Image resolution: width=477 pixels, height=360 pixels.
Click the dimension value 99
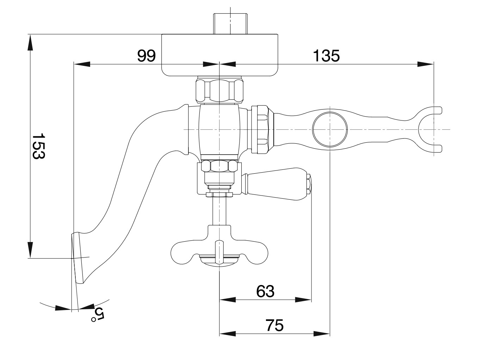[147, 56]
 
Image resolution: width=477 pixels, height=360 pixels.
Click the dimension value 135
[326, 56]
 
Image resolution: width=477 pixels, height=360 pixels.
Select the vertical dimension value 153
[39, 146]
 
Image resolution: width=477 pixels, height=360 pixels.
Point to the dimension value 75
[275, 325]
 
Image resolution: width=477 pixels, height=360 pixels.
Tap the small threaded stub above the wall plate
[230, 24]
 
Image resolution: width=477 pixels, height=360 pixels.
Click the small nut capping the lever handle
[308, 184]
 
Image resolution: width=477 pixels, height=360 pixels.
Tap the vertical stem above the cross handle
[219, 211]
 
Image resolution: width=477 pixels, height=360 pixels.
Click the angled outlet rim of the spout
[77, 257]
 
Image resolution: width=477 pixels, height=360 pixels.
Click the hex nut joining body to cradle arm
[262, 130]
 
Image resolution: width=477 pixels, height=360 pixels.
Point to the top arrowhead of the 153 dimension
[30, 43]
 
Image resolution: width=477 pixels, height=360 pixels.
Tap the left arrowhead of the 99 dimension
[82, 64]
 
